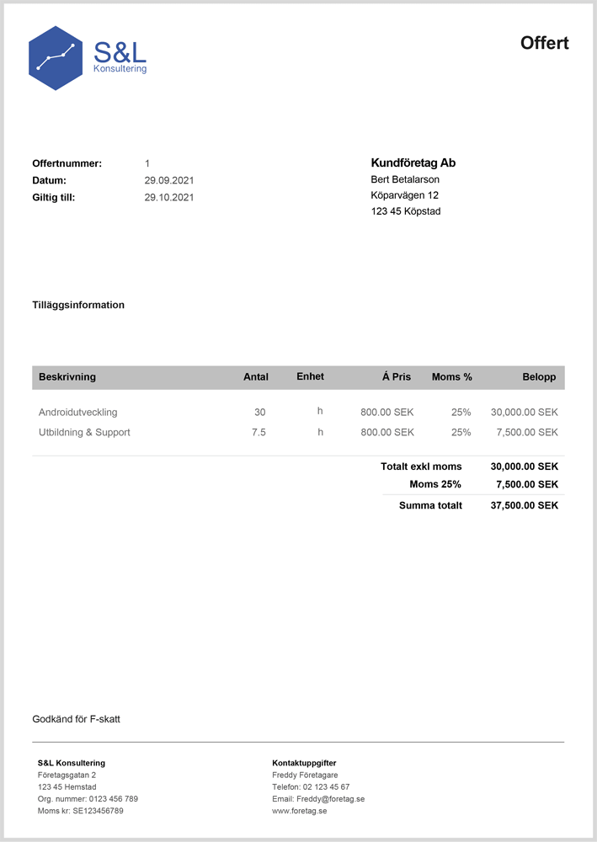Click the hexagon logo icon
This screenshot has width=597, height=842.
tap(56, 58)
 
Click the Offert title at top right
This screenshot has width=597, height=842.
tap(544, 43)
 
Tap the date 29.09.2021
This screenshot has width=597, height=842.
tap(169, 180)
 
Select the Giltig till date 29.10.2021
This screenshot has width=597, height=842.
tap(169, 198)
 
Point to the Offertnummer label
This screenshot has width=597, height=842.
tap(67, 163)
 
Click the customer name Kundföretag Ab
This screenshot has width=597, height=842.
tap(413, 163)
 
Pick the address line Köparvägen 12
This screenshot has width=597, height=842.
tap(404, 195)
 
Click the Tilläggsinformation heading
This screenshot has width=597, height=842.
tap(78, 305)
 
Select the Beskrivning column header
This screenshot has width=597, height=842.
tap(67, 377)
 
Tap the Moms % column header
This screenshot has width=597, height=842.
tap(451, 377)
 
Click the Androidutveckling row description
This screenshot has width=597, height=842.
tap(78, 413)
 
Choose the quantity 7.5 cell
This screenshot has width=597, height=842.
tap(258, 433)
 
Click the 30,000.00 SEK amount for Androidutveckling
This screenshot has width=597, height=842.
tap(524, 413)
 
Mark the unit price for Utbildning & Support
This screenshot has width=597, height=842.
tap(386, 433)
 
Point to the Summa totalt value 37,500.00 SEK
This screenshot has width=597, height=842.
tap(524, 506)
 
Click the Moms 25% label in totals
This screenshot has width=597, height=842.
tap(435, 485)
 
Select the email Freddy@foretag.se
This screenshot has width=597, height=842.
tap(318, 799)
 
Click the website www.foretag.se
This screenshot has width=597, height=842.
tap(299, 811)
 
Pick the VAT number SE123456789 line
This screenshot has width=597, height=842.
tap(81, 811)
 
